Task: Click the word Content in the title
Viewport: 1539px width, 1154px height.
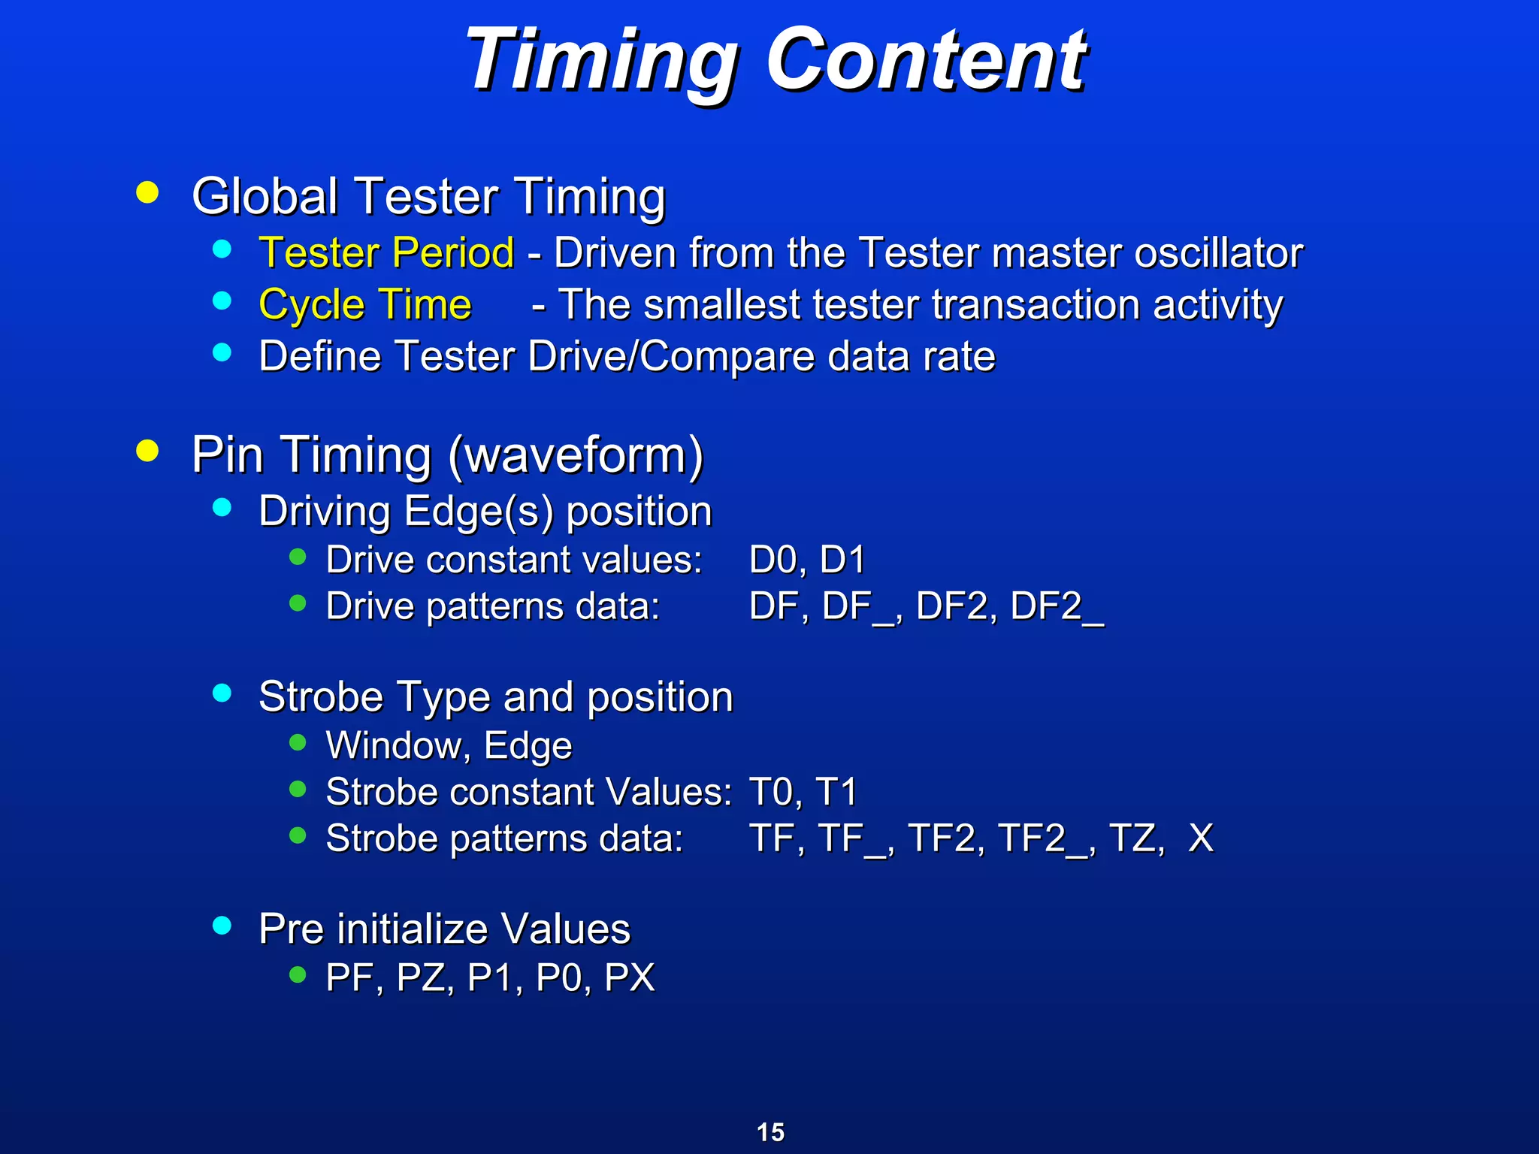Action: pyautogui.click(x=926, y=60)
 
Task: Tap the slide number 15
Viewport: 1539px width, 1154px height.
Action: pyautogui.click(x=770, y=1132)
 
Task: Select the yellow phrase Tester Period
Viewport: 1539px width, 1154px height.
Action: pyautogui.click(x=386, y=252)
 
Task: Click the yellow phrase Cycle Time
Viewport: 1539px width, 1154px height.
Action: pyautogui.click(x=365, y=305)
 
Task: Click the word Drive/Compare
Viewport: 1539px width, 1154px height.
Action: pyautogui.click(x=671, y=356)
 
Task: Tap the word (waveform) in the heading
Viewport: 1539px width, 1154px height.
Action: pyautogui.click(x=576, y=455)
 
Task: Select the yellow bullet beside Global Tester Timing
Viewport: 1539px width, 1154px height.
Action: pyautogui.click(x=147, y=192)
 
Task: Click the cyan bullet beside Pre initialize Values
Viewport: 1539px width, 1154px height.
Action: pyautogui.click(x=222, y=925)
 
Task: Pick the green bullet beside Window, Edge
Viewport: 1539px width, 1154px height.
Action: pyautogui.click(x=298, y=743)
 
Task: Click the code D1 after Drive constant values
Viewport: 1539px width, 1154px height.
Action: pyautogui.click(x=842, y=560)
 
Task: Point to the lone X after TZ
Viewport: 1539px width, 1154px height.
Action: pyautogui.click(x=1201, y=838)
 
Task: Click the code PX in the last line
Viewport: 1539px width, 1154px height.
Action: pyautogui.click(x=630, y=978)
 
